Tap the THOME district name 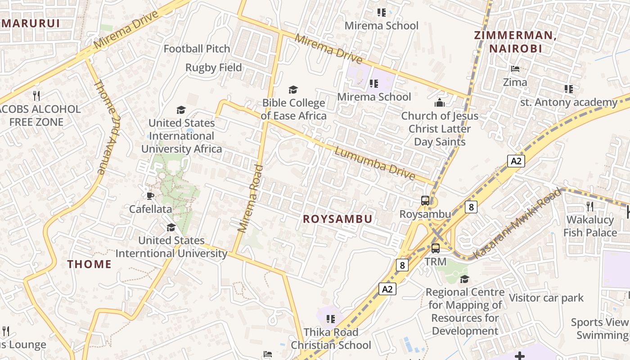coord(90,264)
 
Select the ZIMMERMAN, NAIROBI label coord(515,42)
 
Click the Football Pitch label coord(197,49)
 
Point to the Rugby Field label coord(214,67)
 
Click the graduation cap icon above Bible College coord(293,90)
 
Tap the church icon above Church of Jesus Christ coord(440,103)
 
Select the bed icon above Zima coord(515,69)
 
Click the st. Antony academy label coord(569,103)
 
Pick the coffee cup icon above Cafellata coord(150,196)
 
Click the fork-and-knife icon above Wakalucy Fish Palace coord(589,207)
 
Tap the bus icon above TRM coord(436,248)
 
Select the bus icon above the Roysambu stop coord(425,201)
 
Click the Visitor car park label coord(546,298)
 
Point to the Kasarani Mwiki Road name coord(517,224)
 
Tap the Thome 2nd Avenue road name coord(107,127)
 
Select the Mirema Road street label coord(250,198)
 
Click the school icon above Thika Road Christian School coord(331,319)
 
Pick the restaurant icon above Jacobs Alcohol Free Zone coord(36,96)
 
